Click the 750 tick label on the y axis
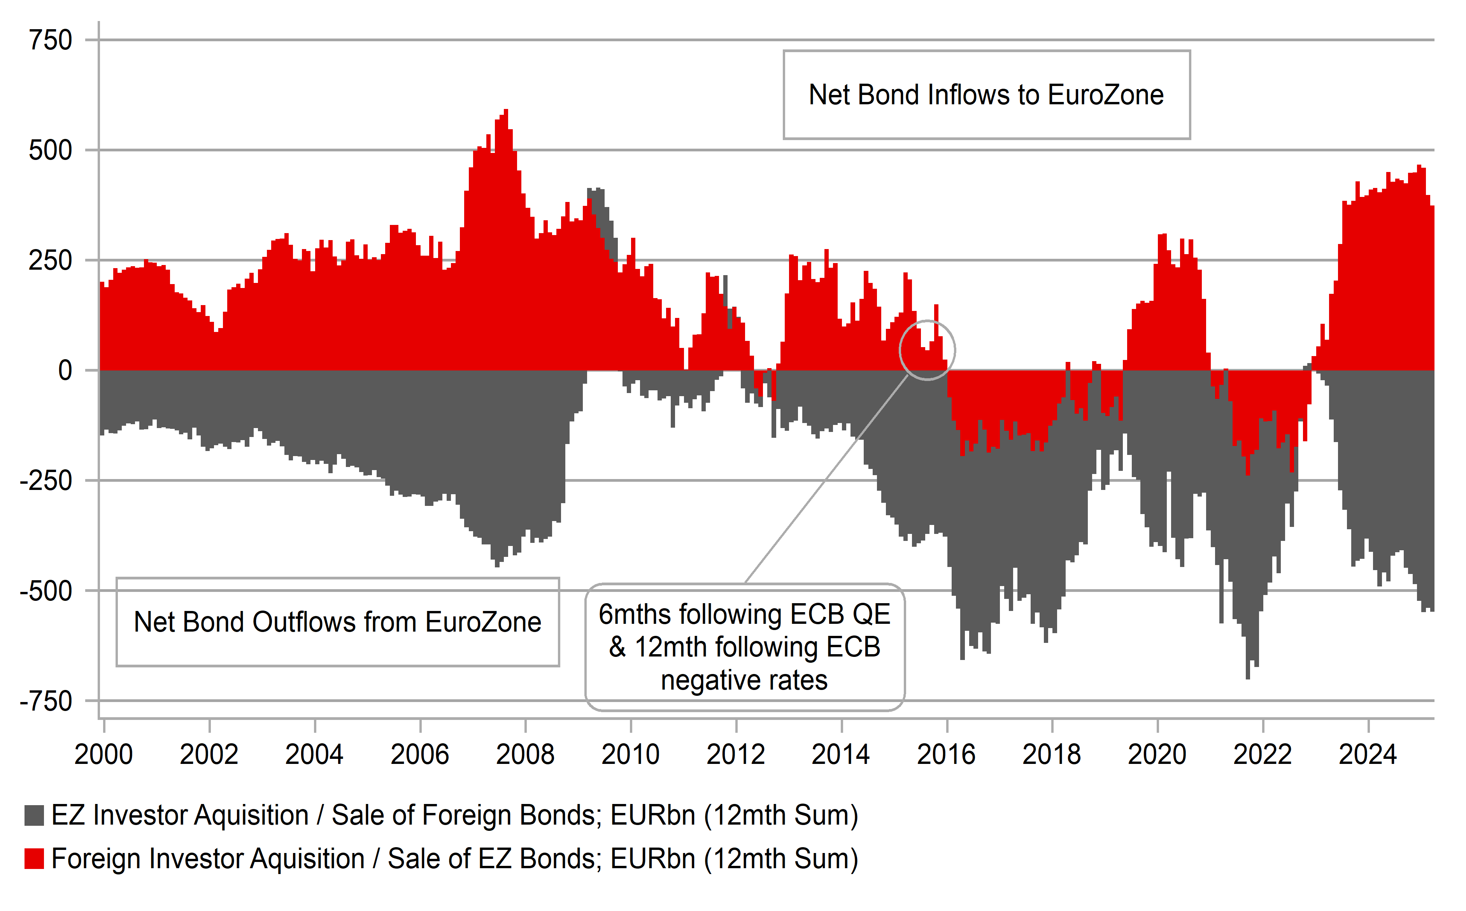tap(51, 40)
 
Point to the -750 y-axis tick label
tap(46, 701)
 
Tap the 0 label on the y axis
tap(65, 370)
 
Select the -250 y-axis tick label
tap(46, 481)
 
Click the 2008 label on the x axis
tap(525, 754)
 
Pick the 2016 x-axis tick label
tap(946, 754)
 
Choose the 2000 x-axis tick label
tap(103, 754)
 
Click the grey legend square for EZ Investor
tap(34, 816)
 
